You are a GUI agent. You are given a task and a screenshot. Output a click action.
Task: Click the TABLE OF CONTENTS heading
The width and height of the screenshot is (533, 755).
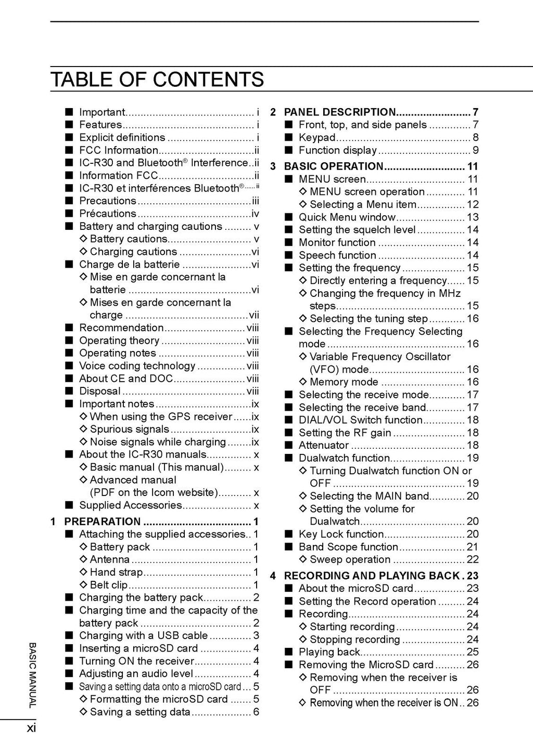click(x=157, y=80)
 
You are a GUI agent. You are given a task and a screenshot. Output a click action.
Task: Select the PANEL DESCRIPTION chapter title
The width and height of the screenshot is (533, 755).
click(x=340, y=112)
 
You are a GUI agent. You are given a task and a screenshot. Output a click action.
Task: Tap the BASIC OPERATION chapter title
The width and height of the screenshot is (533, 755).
click(x=334, y=166)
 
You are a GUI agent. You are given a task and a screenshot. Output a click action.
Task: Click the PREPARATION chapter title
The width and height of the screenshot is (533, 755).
click(x=103, y=522)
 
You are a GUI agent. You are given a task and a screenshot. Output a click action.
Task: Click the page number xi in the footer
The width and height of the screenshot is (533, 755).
click(x=32, y=728)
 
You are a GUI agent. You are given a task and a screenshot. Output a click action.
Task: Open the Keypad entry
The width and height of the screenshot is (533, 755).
click(x=317, y=138)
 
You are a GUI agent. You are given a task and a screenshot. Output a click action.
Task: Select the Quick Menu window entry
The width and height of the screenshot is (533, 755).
click(x=347, y=217)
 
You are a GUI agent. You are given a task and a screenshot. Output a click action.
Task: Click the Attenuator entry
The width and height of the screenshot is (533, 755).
click(x=324, y=446)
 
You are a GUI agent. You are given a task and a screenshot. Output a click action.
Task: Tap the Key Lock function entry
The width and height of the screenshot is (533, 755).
click(x=341, y=534)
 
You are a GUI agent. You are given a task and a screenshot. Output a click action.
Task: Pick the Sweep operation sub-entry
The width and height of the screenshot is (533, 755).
click(x=350, y=559)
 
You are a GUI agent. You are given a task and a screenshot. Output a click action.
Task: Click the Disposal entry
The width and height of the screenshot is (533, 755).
click(x=100, y=391)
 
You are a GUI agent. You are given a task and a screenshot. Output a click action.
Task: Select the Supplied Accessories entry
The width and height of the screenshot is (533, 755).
click(x=131, y=505)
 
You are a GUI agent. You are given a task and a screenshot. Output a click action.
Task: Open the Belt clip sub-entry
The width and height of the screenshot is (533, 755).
click(x=109, y=585)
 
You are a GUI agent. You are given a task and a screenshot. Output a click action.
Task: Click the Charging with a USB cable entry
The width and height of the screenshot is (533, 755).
click(x=143, y=635)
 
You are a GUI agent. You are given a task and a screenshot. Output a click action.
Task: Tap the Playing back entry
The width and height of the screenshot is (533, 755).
click(x=329, y=652)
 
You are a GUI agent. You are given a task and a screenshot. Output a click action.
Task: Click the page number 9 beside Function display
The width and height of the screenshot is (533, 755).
click(x=475, y=151)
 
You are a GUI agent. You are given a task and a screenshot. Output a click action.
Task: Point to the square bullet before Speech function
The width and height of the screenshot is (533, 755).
click(x=289, y=255)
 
